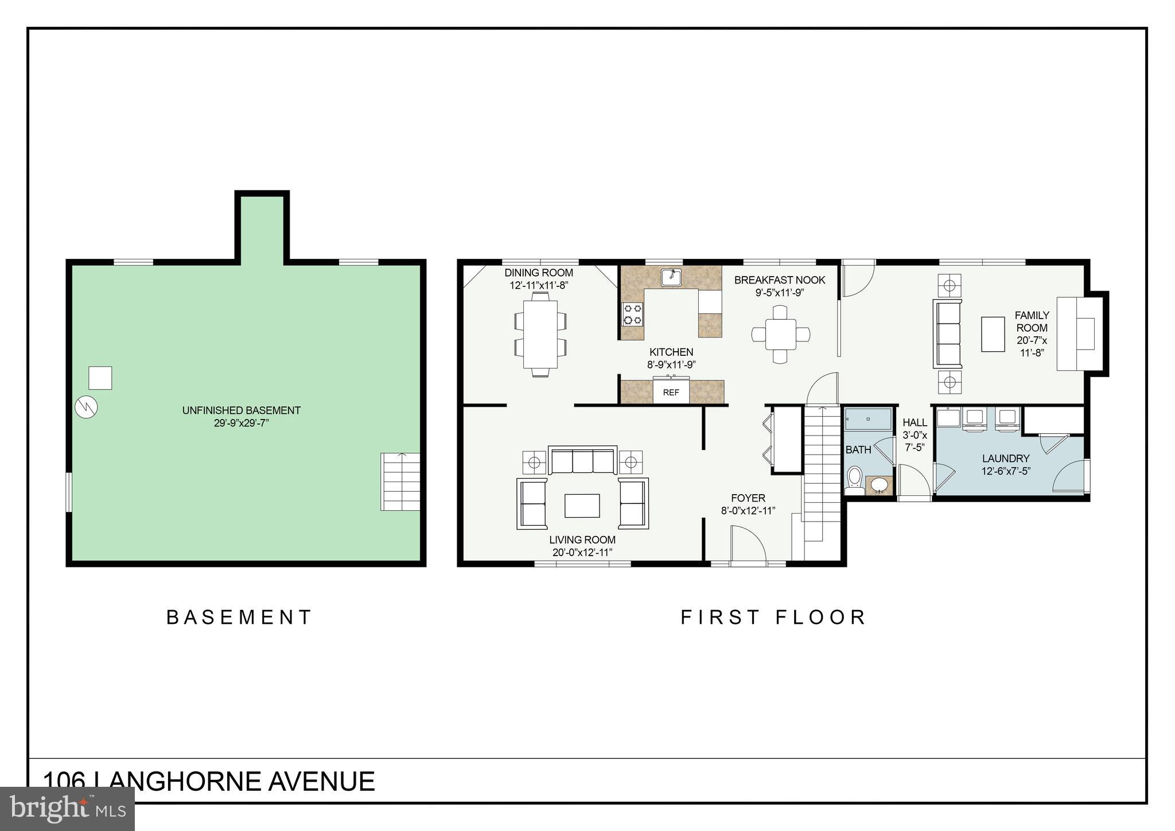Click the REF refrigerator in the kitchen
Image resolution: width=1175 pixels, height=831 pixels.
point(671,392)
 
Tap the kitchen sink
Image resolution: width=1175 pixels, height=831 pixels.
point(671,277)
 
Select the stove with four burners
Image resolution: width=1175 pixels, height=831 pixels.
point(633,314)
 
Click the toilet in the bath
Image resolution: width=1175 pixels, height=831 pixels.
point(854,480)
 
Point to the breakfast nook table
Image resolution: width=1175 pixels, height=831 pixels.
point(780,334)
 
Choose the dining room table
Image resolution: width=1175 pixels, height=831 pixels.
point(540,334)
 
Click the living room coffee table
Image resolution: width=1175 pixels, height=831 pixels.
point(582,506)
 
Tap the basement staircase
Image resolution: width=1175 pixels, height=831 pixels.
point(400,481)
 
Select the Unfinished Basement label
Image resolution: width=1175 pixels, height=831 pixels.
point(241,417)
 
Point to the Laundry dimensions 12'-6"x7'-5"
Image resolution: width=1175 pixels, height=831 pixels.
point(1006,471)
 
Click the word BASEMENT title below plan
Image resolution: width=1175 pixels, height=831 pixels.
point(239,618)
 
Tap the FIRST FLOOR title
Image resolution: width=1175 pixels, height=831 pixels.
point(773,618)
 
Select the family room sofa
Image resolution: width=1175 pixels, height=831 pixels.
point(947,334)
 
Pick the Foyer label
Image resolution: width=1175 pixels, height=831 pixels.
point(748,498)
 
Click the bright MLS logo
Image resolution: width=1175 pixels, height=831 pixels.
point(68,809)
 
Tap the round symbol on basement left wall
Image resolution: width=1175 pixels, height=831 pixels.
point(86,407)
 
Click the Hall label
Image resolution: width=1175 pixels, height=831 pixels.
point(915,423)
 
